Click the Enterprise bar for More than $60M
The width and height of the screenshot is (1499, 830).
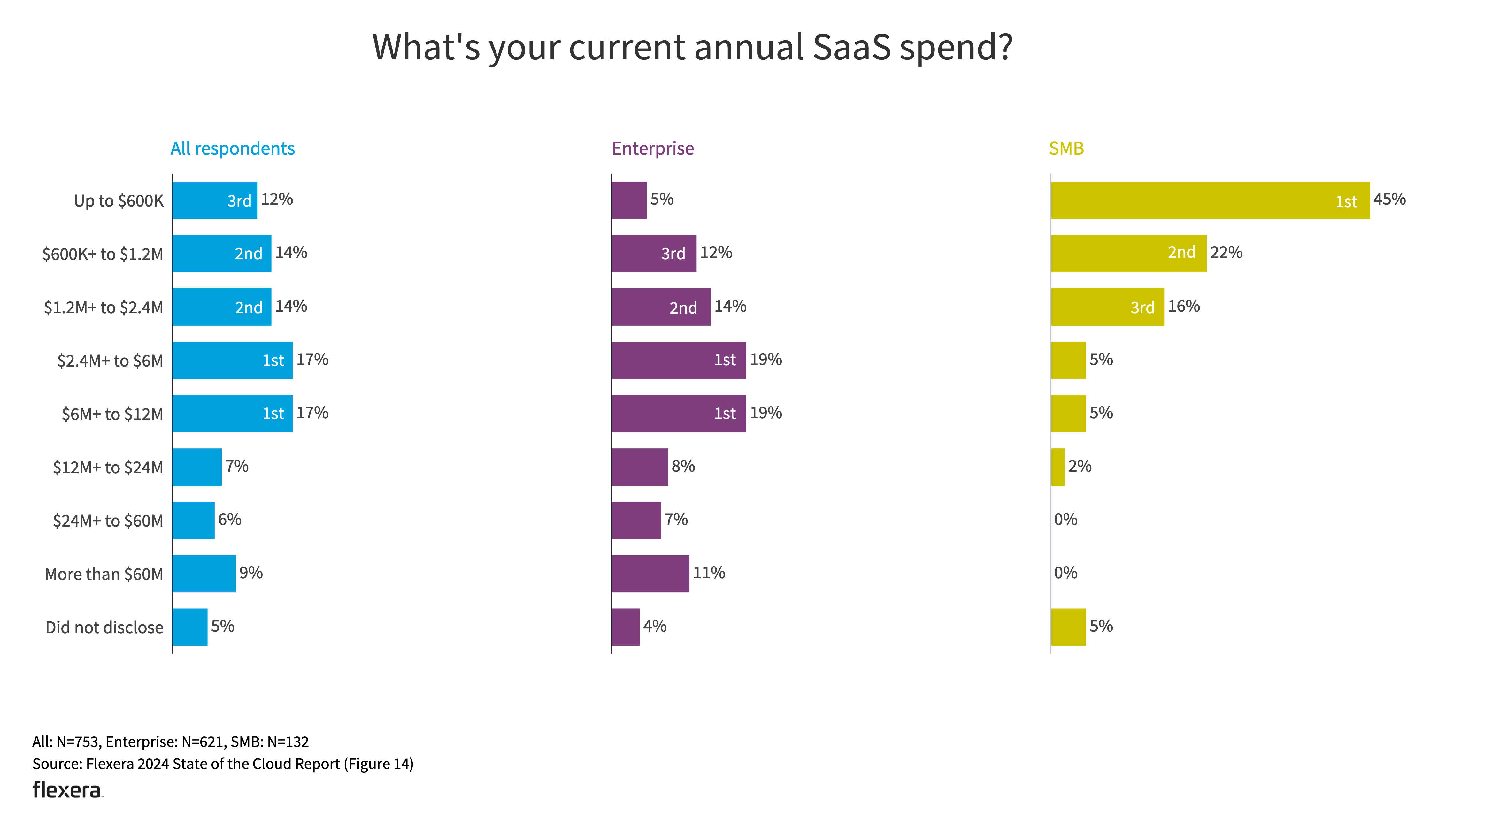coord(650,574)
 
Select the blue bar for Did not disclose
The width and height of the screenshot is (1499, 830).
coord(190,627)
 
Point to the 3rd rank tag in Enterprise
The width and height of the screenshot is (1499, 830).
coord(673,254)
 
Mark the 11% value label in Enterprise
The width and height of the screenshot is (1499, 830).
coord(708,573)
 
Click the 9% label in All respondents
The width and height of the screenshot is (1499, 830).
coord(251,573)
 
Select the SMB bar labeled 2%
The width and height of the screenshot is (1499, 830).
coord(1057,467)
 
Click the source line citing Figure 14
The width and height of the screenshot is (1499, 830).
coord(223,764)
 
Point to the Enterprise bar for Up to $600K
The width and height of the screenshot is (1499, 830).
coord(628,200)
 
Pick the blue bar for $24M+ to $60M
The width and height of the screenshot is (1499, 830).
coord(193,521)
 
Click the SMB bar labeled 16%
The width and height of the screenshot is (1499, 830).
coord(1107,307)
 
